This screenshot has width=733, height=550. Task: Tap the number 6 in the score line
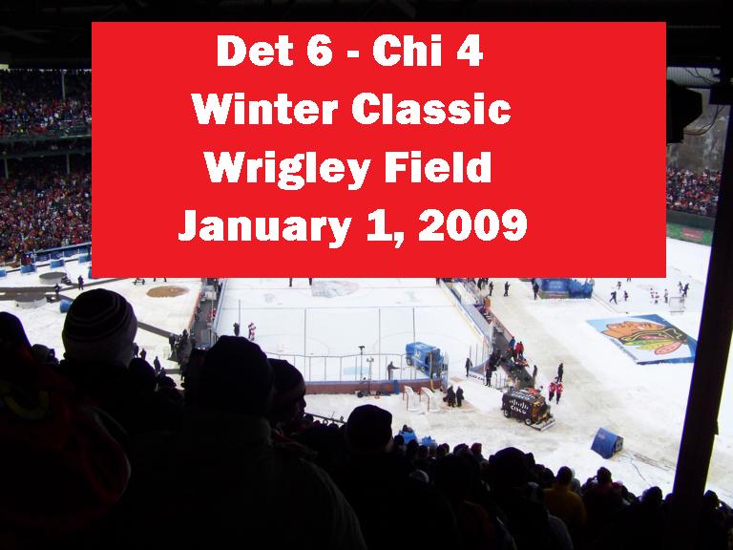click(x=320, y=51)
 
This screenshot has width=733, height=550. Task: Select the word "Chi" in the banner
click(x=408, y=51)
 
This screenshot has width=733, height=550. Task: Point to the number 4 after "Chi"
click(x=470, y=51)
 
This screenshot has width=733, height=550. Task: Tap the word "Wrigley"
click(x=287, y=169)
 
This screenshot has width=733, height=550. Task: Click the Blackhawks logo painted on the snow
click(x=643, y=339)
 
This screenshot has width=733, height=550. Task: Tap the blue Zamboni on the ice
click(x=424, y=358)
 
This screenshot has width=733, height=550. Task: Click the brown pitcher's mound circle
click(x=167, y=291)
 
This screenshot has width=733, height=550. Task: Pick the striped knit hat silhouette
click(x=99, y=325)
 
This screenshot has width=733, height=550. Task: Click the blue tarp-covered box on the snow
click(x=606, y=442)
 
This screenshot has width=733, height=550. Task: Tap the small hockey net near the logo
click(x=677, y=305)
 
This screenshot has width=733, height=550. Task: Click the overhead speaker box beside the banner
click(x=683, y=112)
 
